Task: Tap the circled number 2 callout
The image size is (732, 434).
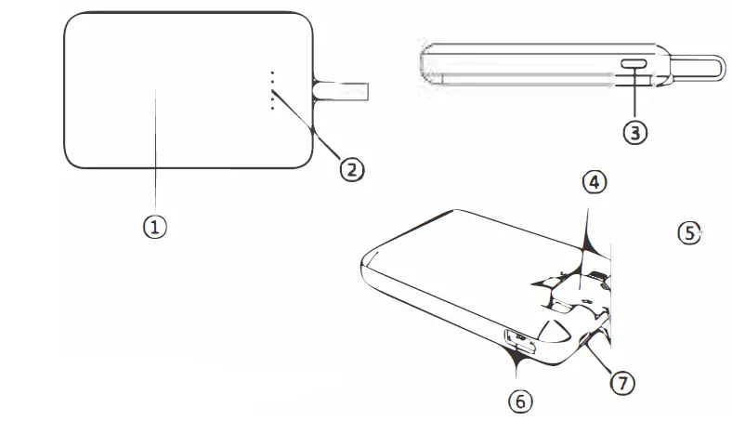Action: (x=350, y=168)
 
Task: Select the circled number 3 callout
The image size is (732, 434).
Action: (x=634, y=132)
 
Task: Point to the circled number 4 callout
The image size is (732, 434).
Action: (x=595, y=182)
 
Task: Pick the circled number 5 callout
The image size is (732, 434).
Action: (x=688, y=232)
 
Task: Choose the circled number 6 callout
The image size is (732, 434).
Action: (x=520, y=401)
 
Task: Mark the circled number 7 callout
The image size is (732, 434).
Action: (x=621, y=380)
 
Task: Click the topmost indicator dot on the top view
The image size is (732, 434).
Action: (x=272, y=72)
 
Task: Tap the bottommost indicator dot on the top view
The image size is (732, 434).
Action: (x=272, y=109)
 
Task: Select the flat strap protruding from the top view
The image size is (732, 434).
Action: (x=344, y=91)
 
